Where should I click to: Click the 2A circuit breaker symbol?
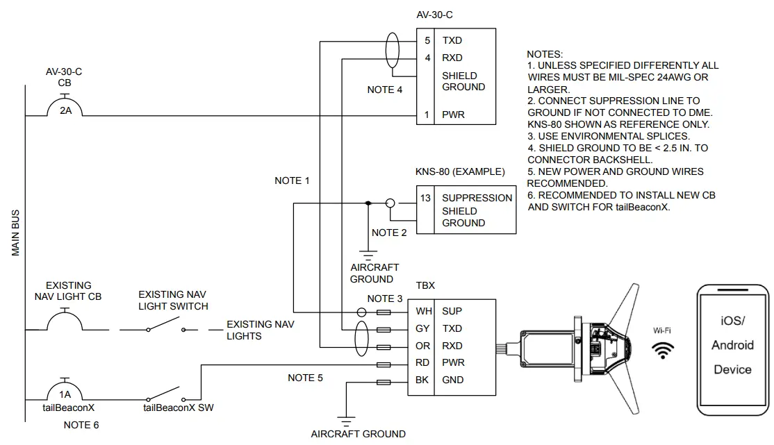tap(65, 108)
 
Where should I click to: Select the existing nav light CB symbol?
tap(65, 321)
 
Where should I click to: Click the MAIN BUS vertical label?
tap(16, 233)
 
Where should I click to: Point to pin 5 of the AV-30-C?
tap(427, 41)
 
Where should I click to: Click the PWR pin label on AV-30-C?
tap(453, 115)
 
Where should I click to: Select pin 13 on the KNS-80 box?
tap(426, 198)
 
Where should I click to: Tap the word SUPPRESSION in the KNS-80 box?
tap(477, 198)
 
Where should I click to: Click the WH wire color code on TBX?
tap(423, 311)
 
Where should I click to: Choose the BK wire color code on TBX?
tap(422, 380)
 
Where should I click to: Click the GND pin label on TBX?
tap(452, 380)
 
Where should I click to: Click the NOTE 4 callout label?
tap(385, 90)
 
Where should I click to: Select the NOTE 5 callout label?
tap(306, 378)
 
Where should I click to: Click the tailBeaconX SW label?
tap(179, 408)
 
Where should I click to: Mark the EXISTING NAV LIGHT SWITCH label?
tap(172, 300)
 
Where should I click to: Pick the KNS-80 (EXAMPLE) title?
tap(460, 171)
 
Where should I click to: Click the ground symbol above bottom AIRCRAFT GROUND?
tap(343, 419)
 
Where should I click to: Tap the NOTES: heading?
tap(545, 54)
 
